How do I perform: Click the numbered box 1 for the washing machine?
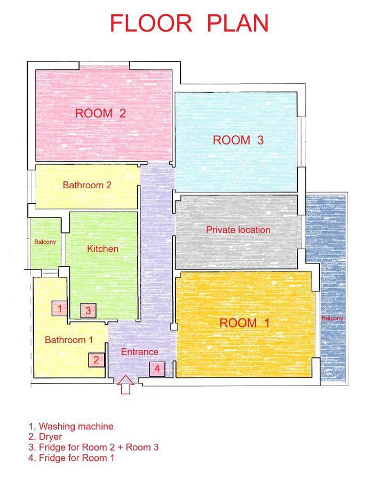coord(59,308)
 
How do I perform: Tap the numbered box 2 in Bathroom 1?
coord(97,360)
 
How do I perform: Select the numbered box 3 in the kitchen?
coord(88,310)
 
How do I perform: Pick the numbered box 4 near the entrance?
coord(157,369)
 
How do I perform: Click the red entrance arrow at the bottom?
coord(125,385)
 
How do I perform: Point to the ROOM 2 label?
coord(100,113)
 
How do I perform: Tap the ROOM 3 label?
coord(238,140)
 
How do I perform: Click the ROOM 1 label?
coord(244,323)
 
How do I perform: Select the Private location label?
coord(238,230)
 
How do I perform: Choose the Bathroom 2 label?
coord(87,185)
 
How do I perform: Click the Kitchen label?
coord(102,249)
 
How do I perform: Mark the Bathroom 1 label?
coord(69,340)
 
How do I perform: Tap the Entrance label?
coord(140,352)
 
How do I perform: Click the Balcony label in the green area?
coord(45,242)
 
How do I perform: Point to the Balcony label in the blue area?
coord(332,318)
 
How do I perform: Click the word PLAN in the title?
coord(238,23)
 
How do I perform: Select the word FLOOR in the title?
coord(151,23)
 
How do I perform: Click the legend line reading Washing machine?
coord(71,427)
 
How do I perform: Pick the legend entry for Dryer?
coord(45,437)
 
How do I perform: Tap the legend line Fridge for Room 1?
coord(72,458)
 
